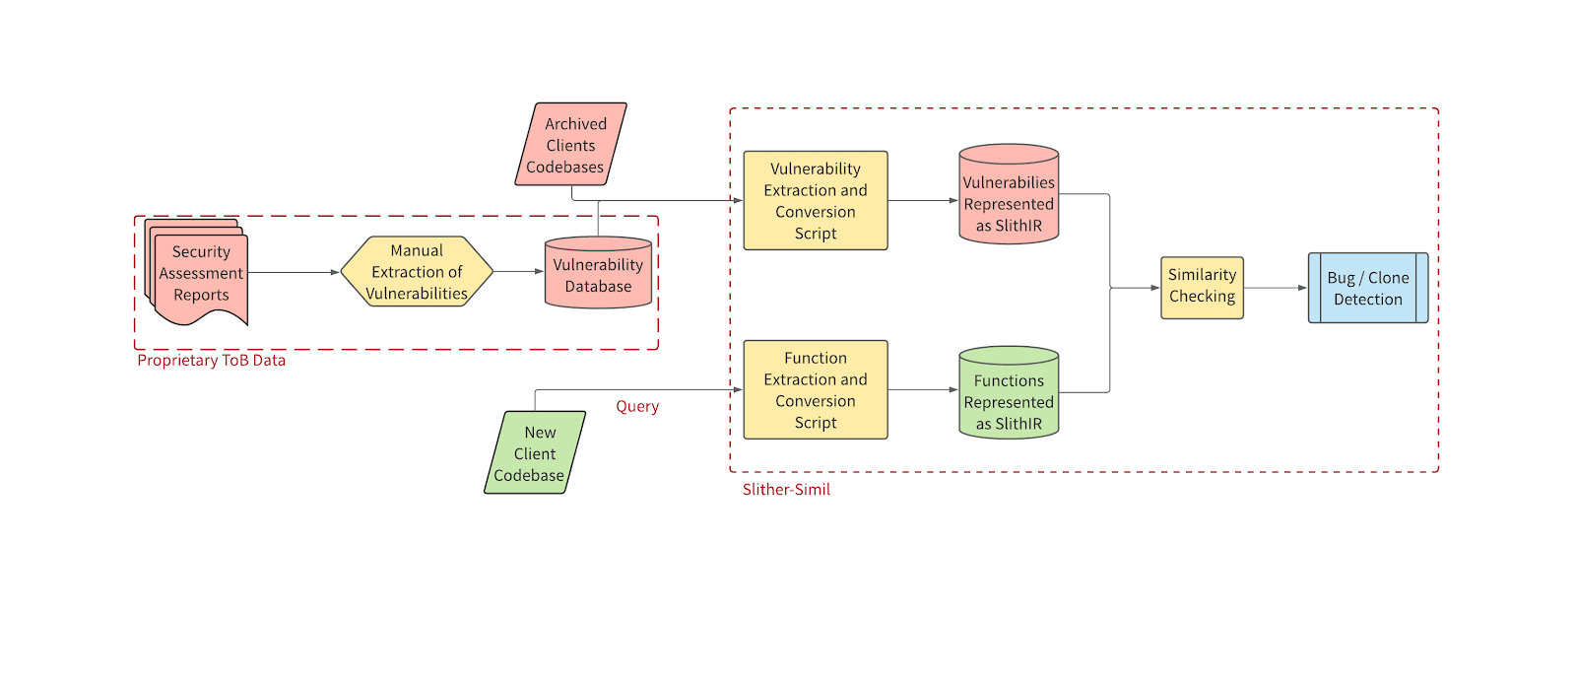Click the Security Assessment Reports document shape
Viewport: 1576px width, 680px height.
(x=200, y=273)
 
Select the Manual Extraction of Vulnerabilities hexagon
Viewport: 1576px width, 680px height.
(x=417, y=272)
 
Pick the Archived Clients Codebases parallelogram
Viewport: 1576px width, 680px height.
(x=570, y=145)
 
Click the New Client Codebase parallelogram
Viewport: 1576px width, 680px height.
(x=535, y=453)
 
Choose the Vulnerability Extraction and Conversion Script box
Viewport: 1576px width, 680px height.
(x=815, y=201)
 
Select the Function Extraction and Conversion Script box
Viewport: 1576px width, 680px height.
(x=815, y=390)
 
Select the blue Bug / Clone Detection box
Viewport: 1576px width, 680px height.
(x=1367, y=288)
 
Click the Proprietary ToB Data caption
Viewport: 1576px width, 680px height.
(x=211, y=361)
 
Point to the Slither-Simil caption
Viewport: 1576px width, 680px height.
(x=786, y=490)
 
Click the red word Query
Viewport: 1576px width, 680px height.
(x=637, y=406)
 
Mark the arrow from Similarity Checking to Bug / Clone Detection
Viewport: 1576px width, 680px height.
(x=1276, y=288)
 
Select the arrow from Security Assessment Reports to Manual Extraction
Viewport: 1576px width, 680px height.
(x=294, y=272)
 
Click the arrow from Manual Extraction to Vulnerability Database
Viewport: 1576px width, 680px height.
(x=518, y=272)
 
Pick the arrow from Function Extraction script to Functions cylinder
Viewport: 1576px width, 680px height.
(x=923, y=390)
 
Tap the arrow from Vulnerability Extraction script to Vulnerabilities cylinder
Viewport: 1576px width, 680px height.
(x=923, y=201)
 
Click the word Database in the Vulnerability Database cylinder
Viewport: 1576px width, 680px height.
(x=598, y=287)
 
